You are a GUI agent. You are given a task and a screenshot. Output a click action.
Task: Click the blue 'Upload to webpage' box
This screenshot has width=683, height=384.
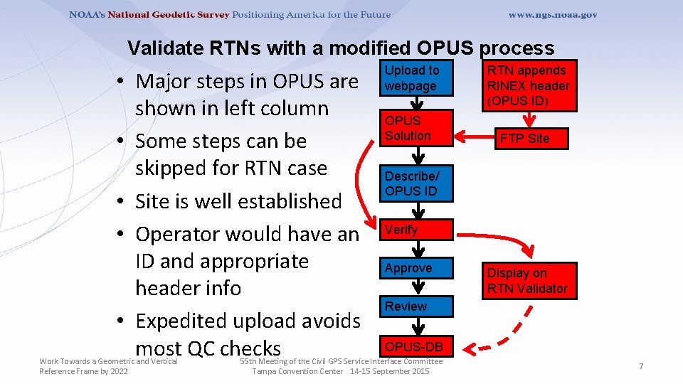pyautogui.click(x=416, y=78)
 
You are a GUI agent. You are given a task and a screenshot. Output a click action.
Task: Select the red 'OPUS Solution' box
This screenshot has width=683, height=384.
pyautogui.click(x=416, y=128)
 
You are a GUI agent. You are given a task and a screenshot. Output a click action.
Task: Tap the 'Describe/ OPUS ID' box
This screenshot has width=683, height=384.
pyautogui.click(x=416, y=183)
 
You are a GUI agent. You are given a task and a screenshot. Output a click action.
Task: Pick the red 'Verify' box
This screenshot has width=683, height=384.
pyautogui.click(x=416, y=230)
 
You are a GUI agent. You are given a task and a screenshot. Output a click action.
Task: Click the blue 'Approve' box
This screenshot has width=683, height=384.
pyautogui.click(x=416, y=268)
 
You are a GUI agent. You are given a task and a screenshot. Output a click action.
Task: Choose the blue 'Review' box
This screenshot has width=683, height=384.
pyautogui.click(x=416, y=306)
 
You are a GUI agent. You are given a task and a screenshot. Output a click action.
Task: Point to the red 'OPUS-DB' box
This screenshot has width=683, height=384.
pyautogui.click(x=416, y=346)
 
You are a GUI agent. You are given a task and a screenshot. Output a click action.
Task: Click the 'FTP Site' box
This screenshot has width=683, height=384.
pyautogui.click(x=531, y=139)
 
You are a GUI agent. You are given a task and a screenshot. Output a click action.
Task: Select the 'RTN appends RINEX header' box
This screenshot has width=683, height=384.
pyautogui.click(x=529, y=86)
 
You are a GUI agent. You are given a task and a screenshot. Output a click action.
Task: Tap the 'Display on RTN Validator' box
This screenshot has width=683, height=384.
pyautogui.click(x=529, y=281)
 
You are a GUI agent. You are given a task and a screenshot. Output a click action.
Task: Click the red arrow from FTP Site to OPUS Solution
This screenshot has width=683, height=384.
pyautogui.click(x=475, y=137)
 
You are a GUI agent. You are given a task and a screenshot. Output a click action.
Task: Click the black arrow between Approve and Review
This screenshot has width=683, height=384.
pyautogui.click(x=418, y=287)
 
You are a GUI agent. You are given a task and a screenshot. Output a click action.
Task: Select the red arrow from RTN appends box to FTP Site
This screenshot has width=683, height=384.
pyautogui.click(x=529, y=119)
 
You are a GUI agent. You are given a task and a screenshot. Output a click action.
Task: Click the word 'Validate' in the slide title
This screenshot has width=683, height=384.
pyautogui.click(x=166, y=48)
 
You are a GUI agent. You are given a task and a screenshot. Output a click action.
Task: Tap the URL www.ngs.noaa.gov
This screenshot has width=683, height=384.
pyautogui.click(x=553, y=15)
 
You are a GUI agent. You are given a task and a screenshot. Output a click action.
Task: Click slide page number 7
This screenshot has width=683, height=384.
pyautogui.click(x=641, y=366)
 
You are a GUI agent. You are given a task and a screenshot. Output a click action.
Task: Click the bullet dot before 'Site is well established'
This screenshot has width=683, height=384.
pyautogui.click(x=121, y=201)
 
